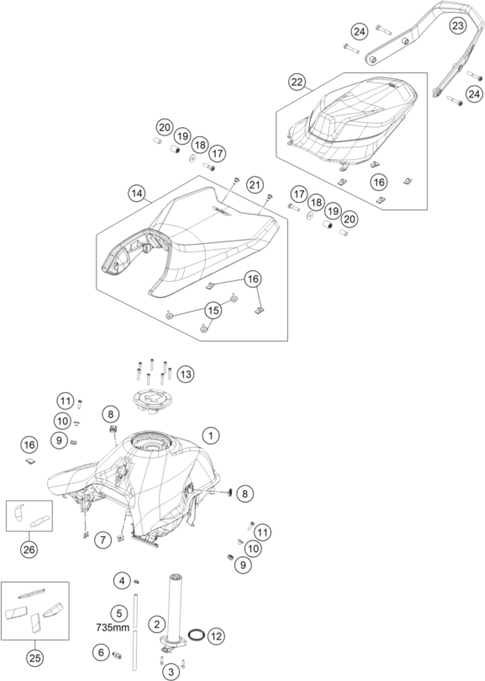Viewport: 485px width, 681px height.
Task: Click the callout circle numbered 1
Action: [211, 444]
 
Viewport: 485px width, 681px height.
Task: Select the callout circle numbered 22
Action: [297, 82]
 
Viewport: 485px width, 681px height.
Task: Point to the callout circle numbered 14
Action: [137, 193]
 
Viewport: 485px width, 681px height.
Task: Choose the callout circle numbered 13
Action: [185, 374]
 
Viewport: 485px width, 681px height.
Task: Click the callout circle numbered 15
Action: [213, 310]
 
